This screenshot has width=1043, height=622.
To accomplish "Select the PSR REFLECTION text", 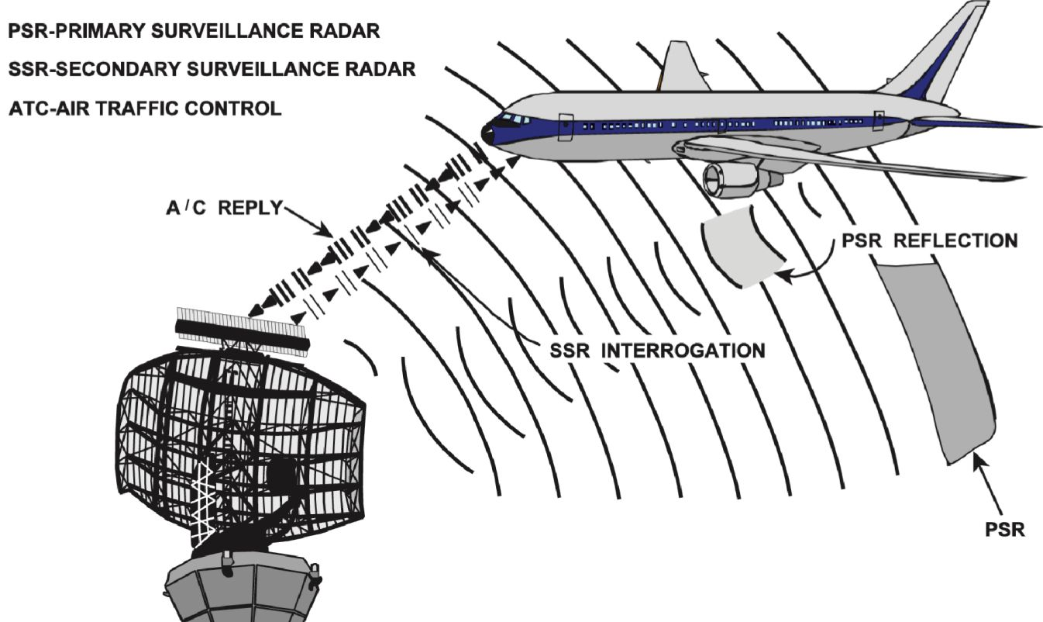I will click(929, 240).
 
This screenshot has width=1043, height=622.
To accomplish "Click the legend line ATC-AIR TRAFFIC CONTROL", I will click(145, 109).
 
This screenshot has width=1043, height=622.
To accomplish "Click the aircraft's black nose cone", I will click(488, 134).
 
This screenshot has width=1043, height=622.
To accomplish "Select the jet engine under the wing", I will click(732, 178).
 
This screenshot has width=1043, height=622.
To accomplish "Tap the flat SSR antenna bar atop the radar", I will click(243, 331).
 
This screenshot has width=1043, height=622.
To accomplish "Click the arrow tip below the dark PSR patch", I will click(976, 461).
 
